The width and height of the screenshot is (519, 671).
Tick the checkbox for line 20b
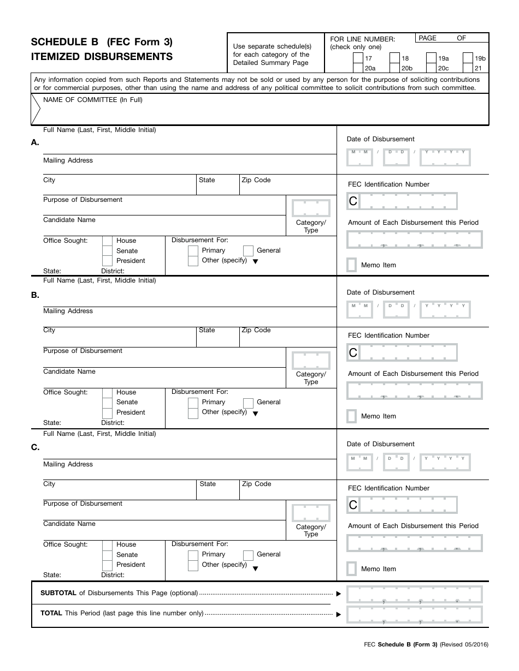[394, 68]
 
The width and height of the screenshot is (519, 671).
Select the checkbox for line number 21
[468, 68]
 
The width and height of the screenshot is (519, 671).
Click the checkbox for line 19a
[431, 58]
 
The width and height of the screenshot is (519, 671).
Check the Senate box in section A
[107, 251]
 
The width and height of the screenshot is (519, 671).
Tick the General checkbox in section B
[248, 403]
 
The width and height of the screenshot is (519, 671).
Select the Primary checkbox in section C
[193, 555]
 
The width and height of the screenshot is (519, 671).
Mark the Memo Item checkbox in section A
[352, 265]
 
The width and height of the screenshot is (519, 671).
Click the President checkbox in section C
[107, 565]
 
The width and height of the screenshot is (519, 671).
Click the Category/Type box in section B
[311, 361]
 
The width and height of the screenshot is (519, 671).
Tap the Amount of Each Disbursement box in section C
[415, 543]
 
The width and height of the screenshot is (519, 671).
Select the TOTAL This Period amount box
[415, 614]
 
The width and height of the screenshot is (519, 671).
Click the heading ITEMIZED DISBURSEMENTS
[102, 57]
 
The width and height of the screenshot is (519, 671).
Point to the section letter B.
[35, 295]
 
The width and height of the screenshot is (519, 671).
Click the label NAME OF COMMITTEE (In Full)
[93, 100]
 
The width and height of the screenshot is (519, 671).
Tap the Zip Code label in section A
[256, 180]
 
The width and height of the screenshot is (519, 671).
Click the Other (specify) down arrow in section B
[255, 414]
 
